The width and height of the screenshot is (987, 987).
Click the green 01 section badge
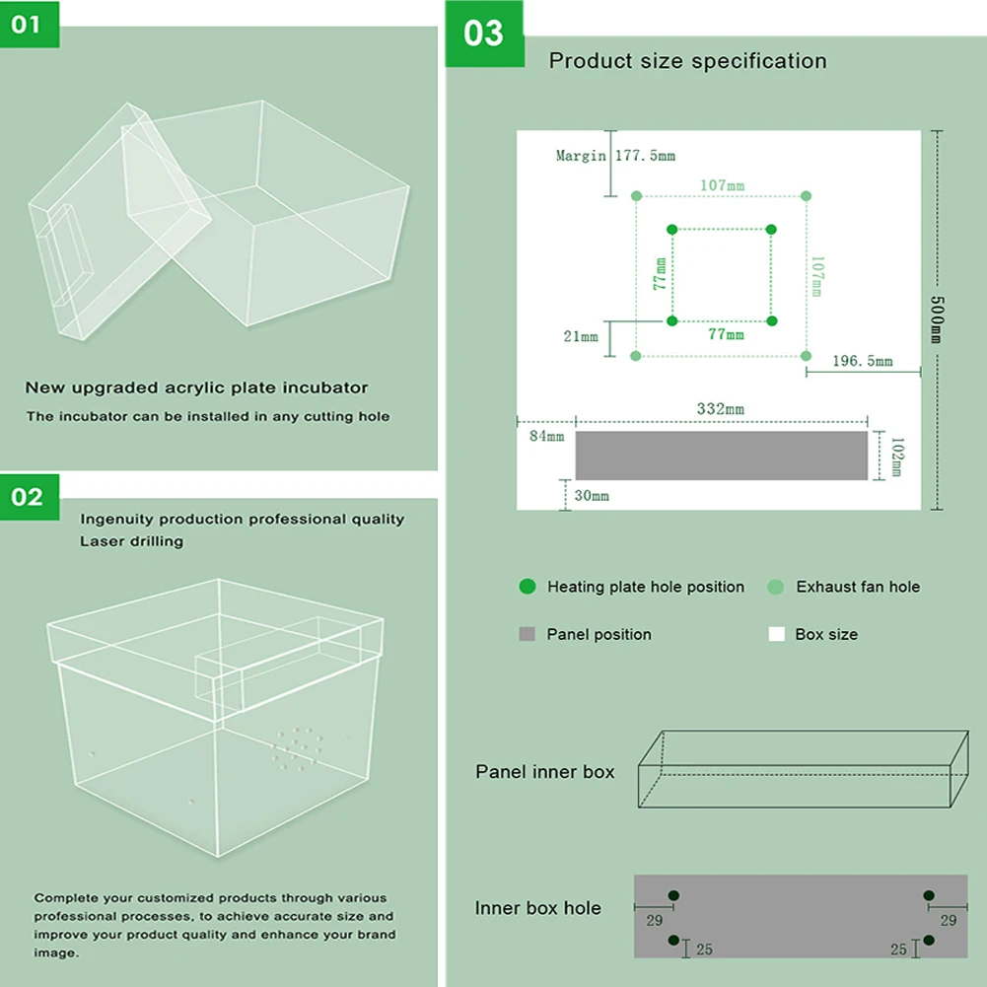29,23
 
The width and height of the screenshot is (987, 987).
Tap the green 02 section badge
29,496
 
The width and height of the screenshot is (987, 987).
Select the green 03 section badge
483,33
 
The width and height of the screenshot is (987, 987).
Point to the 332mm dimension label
720,409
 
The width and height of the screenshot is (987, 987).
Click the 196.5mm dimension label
862,361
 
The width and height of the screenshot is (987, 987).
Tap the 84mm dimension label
546,436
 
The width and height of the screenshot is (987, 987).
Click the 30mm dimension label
592,496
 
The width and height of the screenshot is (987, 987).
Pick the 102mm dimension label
895,456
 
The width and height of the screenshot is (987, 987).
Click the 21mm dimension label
581,336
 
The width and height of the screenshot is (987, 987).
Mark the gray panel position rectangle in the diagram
721,456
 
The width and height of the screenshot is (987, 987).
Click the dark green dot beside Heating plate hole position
528,587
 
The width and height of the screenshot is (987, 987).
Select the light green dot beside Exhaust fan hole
776,587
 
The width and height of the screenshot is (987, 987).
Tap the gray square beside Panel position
527,634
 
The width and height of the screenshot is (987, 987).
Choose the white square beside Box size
776,634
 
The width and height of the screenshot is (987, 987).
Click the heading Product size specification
687,61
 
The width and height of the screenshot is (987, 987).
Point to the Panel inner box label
544,772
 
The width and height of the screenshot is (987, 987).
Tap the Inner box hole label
537,908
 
